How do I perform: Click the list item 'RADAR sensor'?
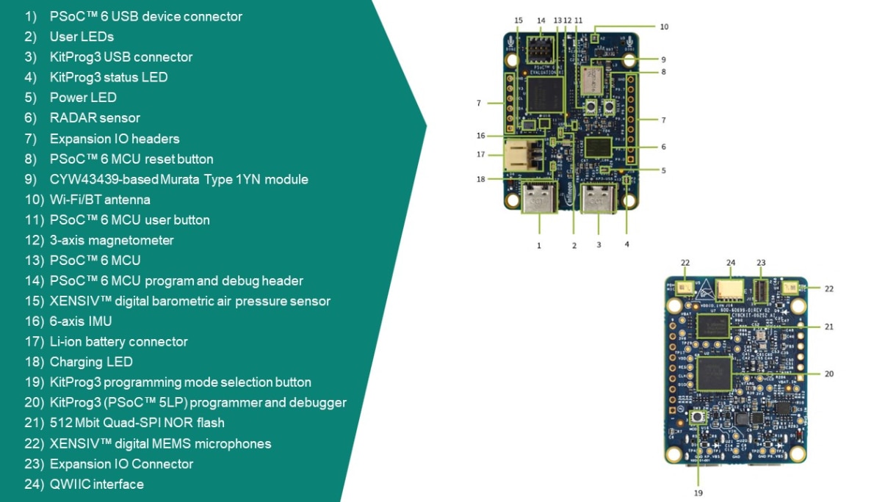(95, 117)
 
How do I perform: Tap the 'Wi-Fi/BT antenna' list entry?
(100, 199)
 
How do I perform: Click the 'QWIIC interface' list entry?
(96, 484)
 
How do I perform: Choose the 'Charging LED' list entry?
(91, 362)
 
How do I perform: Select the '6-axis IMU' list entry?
(81, 321)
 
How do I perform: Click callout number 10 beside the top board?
(664, 26)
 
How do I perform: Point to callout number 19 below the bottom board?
(698, 492)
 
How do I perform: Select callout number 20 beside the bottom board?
(829, 374)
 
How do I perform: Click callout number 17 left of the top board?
(481, 154)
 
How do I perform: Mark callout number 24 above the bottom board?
(731, 262)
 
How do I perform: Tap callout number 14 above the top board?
(541, 20)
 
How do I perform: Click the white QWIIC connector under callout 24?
(731, 288)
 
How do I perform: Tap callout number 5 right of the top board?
(663, 170)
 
